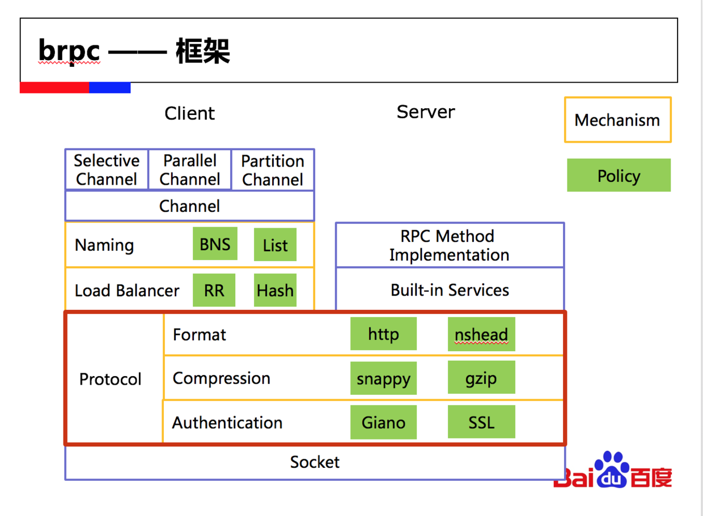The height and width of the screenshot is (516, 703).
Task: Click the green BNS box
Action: click(215, 244)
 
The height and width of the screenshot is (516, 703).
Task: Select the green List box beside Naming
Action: click(275, 245)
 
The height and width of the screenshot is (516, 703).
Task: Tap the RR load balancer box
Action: click(214, 290)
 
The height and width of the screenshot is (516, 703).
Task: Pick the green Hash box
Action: click(275, 290)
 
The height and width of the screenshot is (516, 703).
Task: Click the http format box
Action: click(383, 334)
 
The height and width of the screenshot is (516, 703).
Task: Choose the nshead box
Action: click(481, 334)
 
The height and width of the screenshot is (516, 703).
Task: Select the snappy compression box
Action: click(383, 378)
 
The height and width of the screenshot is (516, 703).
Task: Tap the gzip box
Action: click(481, 377)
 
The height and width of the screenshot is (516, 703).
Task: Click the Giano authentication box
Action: click(383, 422)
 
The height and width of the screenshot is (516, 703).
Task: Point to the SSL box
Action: click(481, 421)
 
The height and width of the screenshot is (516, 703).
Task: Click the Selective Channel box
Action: click(107, 169)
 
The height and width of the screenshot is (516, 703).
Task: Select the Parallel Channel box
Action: click(190, 169)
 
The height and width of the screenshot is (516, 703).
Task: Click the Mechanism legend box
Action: click(617, 120)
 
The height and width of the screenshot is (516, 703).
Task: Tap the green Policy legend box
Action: click(619, 175)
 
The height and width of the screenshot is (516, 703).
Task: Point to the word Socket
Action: click(315, 462)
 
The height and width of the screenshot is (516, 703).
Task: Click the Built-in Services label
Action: click(450, 290)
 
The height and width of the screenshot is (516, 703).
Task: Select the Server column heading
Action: click(426, 112)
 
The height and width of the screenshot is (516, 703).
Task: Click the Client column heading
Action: click(189, 113)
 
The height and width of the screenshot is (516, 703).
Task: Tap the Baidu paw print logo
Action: click(612, 470)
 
